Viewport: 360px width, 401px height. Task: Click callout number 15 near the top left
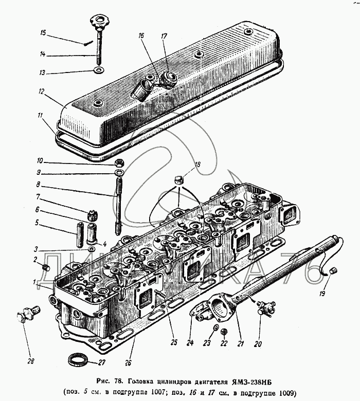click(x=44, y=33)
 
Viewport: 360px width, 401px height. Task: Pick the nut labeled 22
click(x=224, y=332)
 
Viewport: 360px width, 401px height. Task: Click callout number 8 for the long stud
click(x=38, y=185)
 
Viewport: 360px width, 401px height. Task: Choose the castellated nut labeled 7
click(x=93, y=214)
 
